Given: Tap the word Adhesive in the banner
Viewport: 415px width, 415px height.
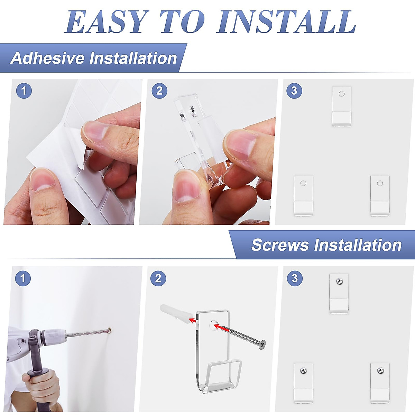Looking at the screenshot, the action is click(x=47, y=58).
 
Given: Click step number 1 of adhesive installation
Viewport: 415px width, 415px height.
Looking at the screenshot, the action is click(x=24, y=91).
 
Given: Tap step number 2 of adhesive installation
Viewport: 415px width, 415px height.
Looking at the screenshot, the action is click(x=159, y=91).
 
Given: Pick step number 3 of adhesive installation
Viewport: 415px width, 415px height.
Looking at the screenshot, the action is click(x=294, y=91).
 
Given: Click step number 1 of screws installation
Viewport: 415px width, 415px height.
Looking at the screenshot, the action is click(x=23, y=278).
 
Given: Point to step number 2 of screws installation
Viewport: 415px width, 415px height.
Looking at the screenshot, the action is click(x=158, y=278).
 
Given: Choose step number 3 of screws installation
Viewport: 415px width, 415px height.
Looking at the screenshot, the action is click(x=295, y=278).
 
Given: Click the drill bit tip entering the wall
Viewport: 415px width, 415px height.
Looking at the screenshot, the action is click(x=110, y=330).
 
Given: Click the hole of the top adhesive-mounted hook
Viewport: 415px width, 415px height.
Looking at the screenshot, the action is click(x=341, y=94).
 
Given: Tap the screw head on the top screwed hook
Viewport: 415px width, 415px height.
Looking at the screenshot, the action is click(x=340, y=281).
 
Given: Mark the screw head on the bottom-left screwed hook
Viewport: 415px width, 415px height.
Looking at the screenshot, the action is click(x=303, y=370).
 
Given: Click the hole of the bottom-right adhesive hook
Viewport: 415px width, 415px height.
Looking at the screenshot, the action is click(x=380, y=183).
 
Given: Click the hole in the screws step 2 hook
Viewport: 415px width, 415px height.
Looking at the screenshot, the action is click(x=214, y=325).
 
